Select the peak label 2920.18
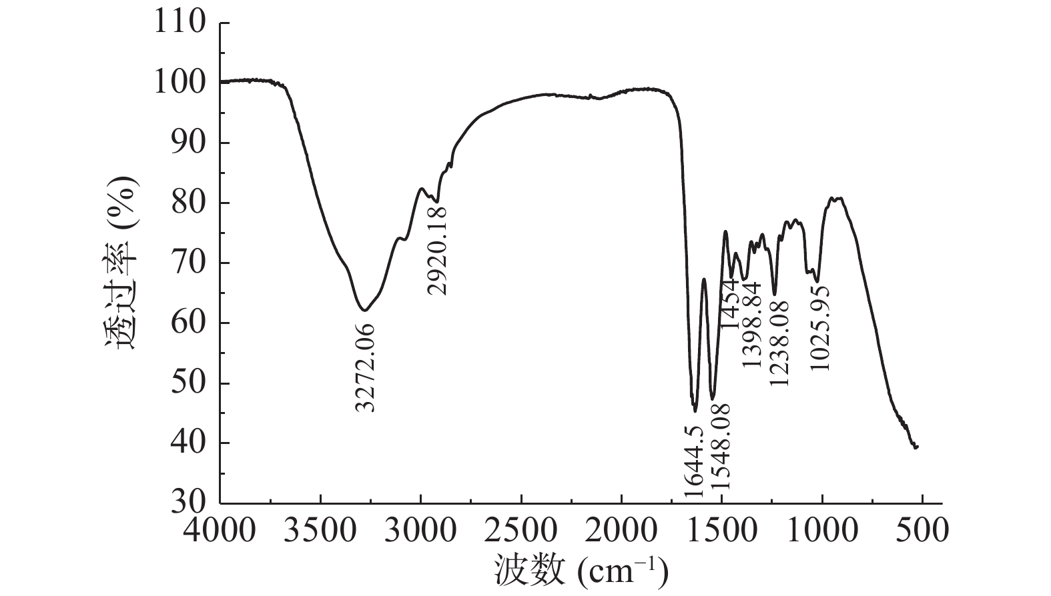[438, 250]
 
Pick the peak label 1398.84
[751, 324]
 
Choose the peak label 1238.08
[778, 343]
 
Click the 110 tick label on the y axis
[180, 23]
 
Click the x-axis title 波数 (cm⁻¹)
[581, 570]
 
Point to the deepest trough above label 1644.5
[695, 410]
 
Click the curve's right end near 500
[917, 447]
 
